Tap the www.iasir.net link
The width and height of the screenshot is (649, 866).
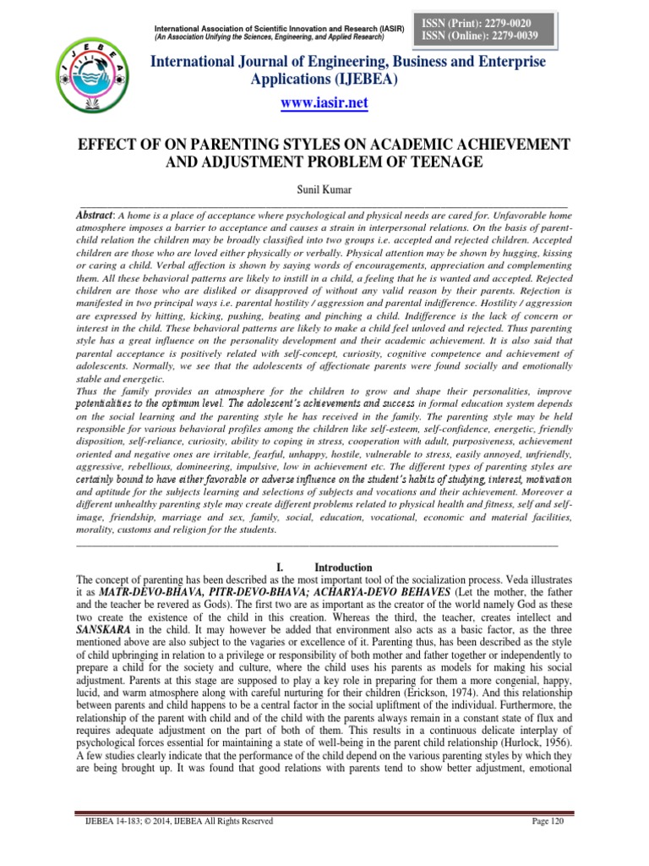pyautogui.click(x=324, y=102)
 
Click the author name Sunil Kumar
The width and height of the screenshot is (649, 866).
pyautogui.click(x=324, y=180)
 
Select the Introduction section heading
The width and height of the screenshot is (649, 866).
pyautogui.click(x=343, y=567)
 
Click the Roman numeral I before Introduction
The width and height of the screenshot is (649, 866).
pyautogui.click(x=279, y=567)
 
